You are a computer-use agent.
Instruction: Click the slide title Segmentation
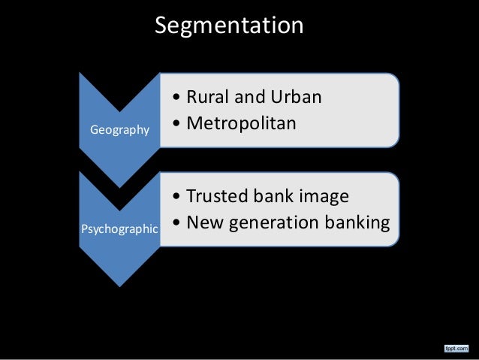click(229, 26)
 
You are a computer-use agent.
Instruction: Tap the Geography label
click(119, 131)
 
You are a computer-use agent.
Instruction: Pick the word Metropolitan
click(242, 123)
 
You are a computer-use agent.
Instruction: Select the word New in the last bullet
click(203, 222)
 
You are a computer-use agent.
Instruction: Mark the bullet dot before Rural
click(175, 99)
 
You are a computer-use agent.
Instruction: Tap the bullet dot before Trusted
click(175, 198)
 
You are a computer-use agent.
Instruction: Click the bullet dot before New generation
click(175, 223)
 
